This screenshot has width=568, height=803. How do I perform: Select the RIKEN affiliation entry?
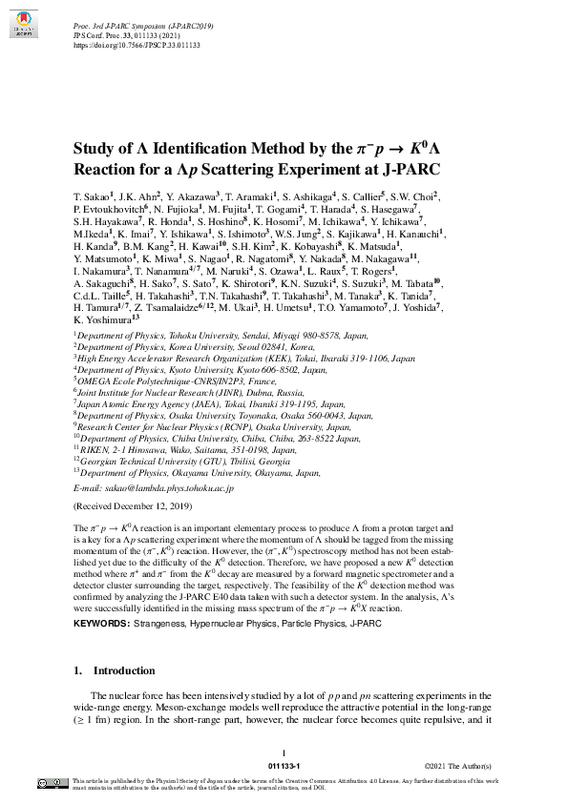point(92,449)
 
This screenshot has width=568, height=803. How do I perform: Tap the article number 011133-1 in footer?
point(284,766)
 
